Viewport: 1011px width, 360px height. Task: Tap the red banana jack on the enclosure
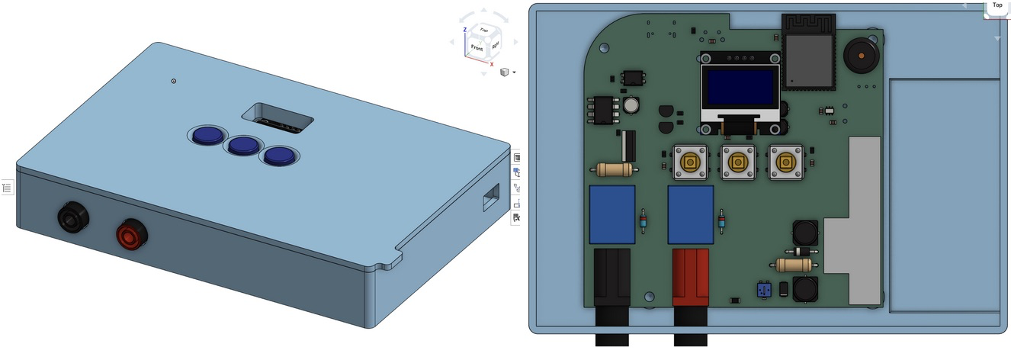pyautogui.click(x=130, y=234)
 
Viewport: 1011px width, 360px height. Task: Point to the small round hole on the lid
pyautogui.click(x=174, y=81)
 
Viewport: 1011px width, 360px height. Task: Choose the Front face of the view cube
pyautogui.click(x=477, y=48)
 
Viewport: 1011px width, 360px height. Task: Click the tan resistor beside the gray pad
pyautogui.click(x=793, y=265)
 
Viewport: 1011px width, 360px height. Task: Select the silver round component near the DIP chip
pyautogui.click(x=630, y=104)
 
